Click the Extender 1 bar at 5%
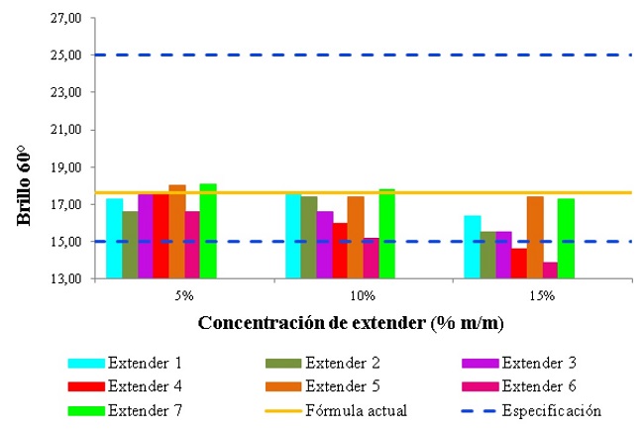point(114,239)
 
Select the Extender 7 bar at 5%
point(207,231)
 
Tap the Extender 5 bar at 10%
point(355,238)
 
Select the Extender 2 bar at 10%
point(308,238)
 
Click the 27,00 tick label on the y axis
point(66,18)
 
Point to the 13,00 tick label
point(66,278)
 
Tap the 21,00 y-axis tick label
point(66,130)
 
